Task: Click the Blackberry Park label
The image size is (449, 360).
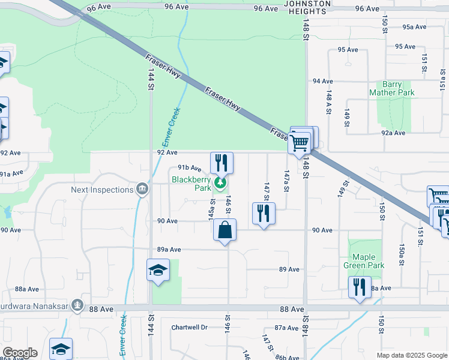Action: coord(191,184)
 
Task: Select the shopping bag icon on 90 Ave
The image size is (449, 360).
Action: coord(224,230)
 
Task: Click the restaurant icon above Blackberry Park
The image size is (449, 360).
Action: coord(221,163)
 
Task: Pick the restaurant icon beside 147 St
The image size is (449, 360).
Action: coord(264,214)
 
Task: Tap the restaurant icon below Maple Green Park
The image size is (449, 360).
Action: coord(360,287)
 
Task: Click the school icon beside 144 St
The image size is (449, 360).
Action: coord(158,271)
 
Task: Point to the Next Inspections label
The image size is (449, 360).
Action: coord(102,190)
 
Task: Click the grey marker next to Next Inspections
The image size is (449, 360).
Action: coord(142,190)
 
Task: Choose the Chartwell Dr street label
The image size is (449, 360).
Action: coord(189,328)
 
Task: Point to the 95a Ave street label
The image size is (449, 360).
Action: coord(414,27)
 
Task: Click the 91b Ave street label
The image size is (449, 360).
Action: coord(188,169)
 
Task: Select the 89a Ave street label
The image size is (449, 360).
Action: coord(169,250)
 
